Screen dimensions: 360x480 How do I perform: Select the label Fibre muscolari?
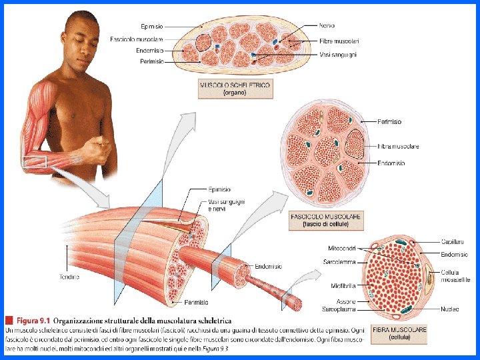click(339, 41)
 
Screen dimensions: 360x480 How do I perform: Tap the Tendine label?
click(69, 276)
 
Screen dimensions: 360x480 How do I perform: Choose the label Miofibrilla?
click(343, 285)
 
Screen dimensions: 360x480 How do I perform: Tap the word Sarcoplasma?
click(341, 309)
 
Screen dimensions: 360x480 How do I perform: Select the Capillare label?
click(453, 241)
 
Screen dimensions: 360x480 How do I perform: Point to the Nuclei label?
click(449, 309)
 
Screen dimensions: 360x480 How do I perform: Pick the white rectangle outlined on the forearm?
click(35, 161)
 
